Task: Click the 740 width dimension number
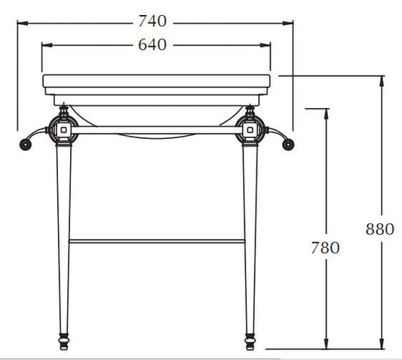[152, 21]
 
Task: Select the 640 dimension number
[152, 45]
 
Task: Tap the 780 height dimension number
[325, 248]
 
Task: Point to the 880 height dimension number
[379, 229]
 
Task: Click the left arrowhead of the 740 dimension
[23, 23]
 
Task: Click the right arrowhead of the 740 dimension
[287, 23]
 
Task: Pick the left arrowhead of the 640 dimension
[47, 45]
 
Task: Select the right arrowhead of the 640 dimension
[265, 45]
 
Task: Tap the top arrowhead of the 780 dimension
[326, 114]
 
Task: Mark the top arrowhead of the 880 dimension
[382, 81]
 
